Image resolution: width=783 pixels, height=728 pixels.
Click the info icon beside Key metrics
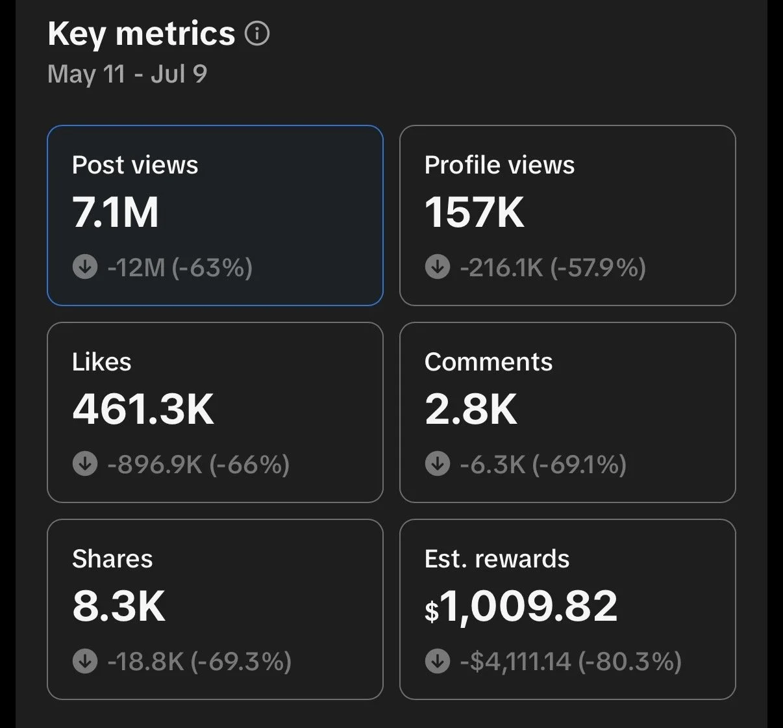[x=257, y=34]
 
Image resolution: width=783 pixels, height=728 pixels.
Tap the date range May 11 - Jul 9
[x=127, y=74]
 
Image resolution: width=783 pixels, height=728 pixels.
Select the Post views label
[x=135, y=164]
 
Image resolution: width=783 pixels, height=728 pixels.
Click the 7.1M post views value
[x=115, y=212]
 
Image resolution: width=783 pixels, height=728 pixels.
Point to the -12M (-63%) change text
[x=180, y=267]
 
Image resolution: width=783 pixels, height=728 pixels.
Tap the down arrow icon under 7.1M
[x=85, y=266]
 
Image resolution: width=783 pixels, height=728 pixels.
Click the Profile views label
[x=499, y=164]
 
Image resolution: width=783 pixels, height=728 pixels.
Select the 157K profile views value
[x=475, y=212]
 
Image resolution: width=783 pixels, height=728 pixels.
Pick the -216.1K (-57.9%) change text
[x=553, y=267]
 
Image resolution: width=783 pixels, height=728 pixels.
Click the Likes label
[x=101, y=361]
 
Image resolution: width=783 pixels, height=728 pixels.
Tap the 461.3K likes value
[x=143, y=409]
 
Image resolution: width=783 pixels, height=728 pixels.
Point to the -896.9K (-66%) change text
[x=198, y=464]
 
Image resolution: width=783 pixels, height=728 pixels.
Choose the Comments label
[x=488, y=361]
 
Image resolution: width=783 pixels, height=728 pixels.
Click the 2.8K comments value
[x=471, y=409]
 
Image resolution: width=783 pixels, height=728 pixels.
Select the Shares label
[x=112, y=558]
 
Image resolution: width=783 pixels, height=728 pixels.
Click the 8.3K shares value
[x=119, y=606]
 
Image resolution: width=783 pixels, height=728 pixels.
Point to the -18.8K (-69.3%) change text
[x=199, y=661]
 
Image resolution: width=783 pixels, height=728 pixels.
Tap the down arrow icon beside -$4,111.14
[x=437, y=660]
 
